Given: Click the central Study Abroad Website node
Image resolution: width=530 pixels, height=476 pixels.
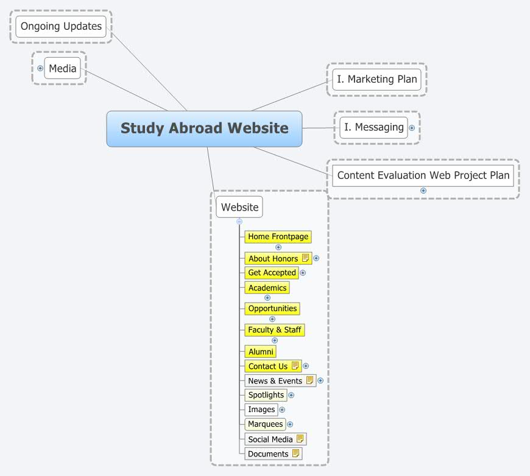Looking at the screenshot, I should point(204,128).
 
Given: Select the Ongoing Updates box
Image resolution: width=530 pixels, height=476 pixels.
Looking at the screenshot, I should point(61,26).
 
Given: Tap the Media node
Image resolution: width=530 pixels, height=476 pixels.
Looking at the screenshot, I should point(62,68).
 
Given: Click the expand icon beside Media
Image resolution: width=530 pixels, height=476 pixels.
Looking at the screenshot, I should point(40,68).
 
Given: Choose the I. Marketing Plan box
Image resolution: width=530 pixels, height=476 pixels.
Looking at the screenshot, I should point(376,79).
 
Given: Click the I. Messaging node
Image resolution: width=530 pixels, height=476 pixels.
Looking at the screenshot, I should point(373,127).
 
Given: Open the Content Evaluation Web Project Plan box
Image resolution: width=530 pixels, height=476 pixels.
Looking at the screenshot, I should point(423,175).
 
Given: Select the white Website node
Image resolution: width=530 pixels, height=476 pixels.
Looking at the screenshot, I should point(239,207).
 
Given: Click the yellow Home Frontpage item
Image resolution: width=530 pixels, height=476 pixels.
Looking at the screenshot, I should point(278,236).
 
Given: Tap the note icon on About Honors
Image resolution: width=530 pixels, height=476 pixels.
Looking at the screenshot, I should point(306,258).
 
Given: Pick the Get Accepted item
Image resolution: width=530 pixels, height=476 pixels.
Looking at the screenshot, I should point(272,273).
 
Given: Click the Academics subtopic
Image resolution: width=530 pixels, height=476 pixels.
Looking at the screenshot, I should point(267,287).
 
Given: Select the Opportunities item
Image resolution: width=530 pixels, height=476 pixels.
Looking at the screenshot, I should point(272,309).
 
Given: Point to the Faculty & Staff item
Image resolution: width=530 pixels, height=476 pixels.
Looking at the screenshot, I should point(274,330).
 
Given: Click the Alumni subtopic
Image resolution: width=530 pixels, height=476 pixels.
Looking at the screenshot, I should point(261,352).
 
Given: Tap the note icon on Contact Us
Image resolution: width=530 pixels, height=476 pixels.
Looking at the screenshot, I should point(295,366).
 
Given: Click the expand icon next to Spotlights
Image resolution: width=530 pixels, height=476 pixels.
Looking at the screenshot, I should point(291,395).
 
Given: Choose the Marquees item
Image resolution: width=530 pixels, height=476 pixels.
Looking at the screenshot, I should point(265,424).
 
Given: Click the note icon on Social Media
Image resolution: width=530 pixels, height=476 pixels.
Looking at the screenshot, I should point(300,439).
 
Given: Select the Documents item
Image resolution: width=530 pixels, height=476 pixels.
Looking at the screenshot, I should point(268,453).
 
